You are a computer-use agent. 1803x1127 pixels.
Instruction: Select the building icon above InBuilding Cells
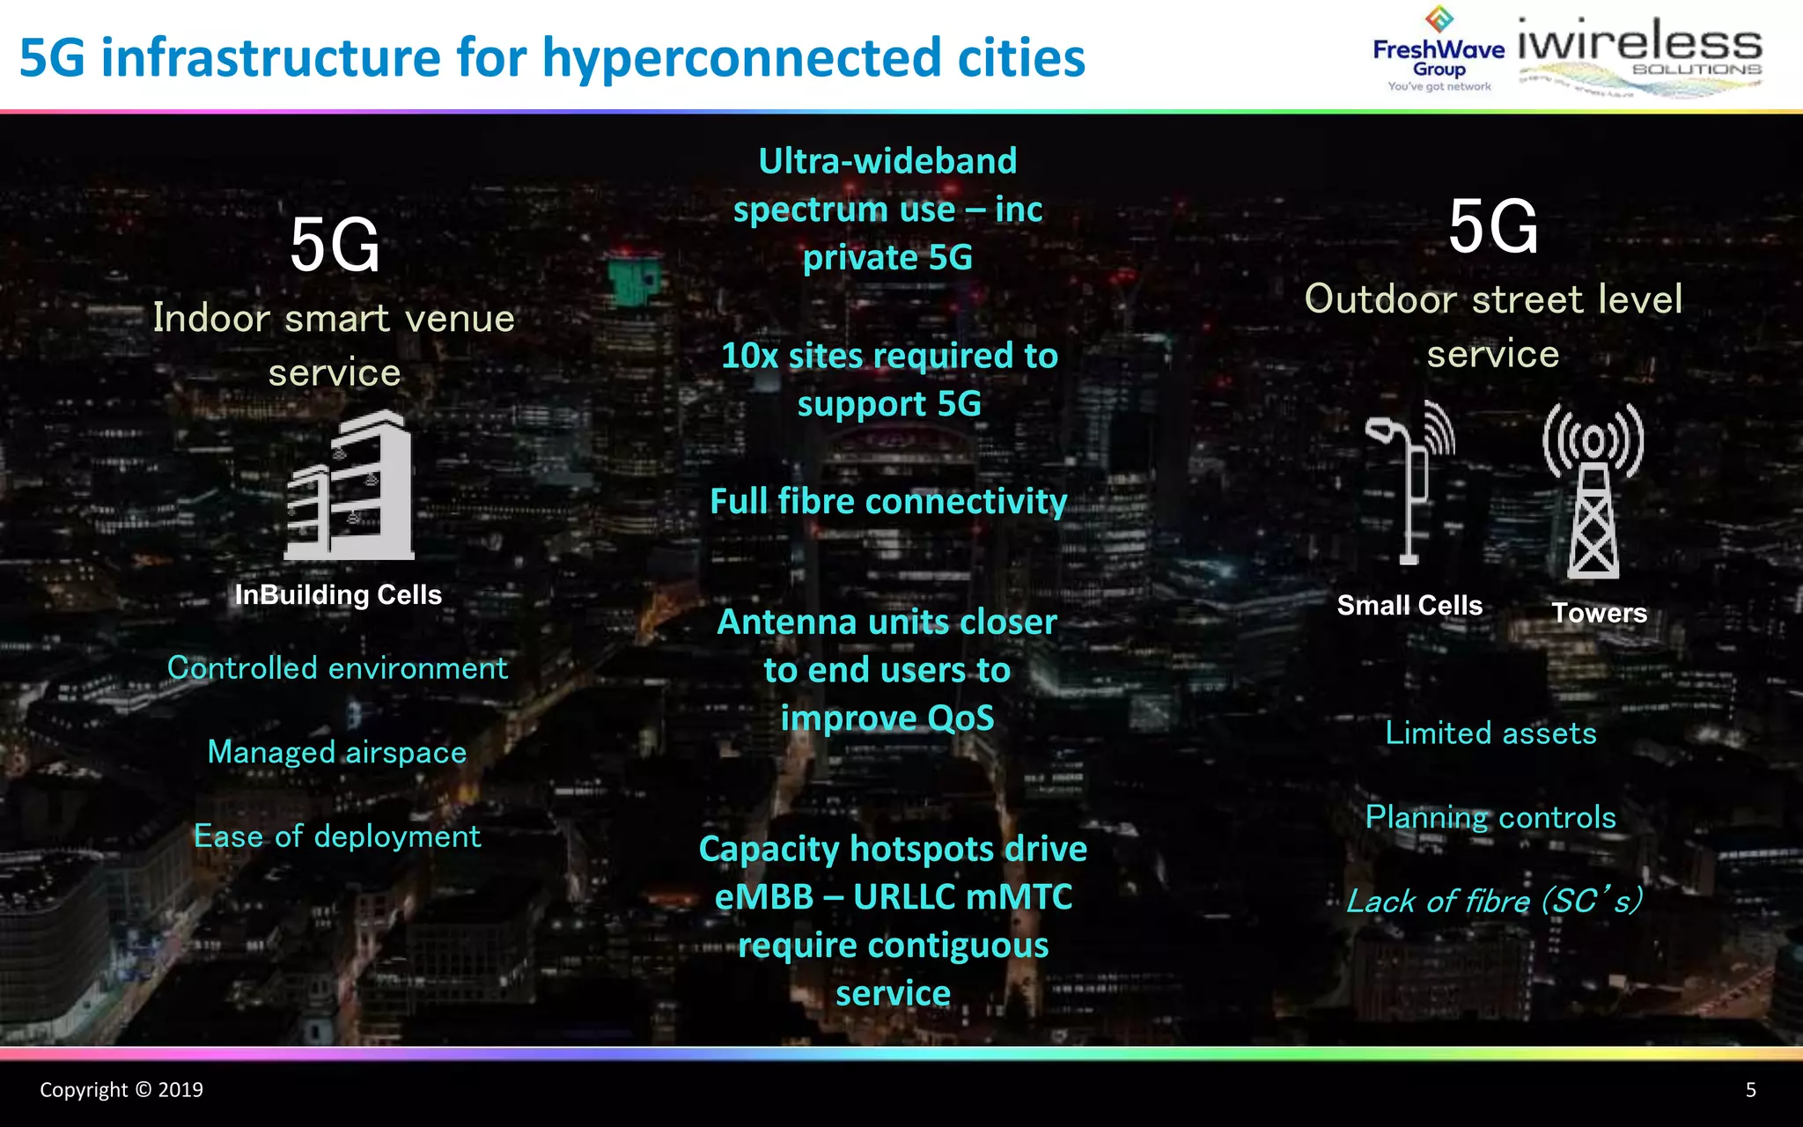point(350,486)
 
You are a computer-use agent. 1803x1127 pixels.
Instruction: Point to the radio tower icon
point(1593,490)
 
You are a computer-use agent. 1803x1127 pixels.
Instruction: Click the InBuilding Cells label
point(338,595)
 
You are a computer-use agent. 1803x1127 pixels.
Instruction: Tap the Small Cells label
point(1409,606)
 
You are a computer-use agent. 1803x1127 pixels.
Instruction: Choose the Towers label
point(1599,613)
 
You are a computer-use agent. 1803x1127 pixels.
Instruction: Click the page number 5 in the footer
point(1750,1090)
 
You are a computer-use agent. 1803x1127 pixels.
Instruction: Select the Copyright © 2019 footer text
point(121,1090)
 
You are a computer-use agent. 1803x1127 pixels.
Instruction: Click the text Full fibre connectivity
point(888,502)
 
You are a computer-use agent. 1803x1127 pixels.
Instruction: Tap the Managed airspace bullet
point(337,753)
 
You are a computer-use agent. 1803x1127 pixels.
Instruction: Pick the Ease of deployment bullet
point(337,836)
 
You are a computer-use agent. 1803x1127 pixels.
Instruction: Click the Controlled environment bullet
point(337,668)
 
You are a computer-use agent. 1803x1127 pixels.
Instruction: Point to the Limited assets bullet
point(1490,733)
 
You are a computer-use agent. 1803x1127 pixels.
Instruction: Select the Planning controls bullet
point(1490,818)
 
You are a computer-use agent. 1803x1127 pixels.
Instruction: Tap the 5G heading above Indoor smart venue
point(335,246)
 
